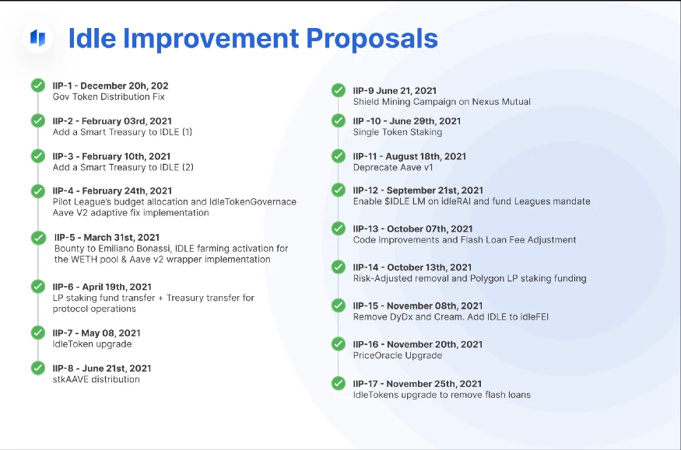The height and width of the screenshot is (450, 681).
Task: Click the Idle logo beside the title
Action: tap(38, 38)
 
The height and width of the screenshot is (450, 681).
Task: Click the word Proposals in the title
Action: tap(372, 39)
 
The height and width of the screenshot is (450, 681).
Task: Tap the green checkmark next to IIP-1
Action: tap(38, 85)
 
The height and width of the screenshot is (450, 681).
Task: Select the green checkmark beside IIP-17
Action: tap(339, 383)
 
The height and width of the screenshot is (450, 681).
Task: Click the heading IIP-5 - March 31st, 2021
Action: tap(107, 238)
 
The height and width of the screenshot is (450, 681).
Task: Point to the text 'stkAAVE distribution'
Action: tap(96, 379)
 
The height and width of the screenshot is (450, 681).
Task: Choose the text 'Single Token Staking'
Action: tap(398, 132)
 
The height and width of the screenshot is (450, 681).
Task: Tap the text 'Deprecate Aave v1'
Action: tap(393, 167)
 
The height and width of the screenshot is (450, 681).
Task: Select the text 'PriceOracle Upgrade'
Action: tap(398, 355)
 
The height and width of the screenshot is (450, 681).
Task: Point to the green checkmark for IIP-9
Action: tap(339, 90)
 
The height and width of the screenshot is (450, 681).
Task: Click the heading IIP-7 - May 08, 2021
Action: tap(97, 333)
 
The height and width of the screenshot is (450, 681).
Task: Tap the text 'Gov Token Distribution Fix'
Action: tap(109, 96)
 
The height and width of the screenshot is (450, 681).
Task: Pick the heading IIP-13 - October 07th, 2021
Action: tap(412, 229)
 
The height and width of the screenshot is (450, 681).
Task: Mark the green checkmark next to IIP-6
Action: tap(38, 286)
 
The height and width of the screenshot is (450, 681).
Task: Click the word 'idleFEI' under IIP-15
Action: tap(535, 317)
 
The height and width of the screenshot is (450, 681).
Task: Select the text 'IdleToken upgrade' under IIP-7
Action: tap(92, 344)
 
